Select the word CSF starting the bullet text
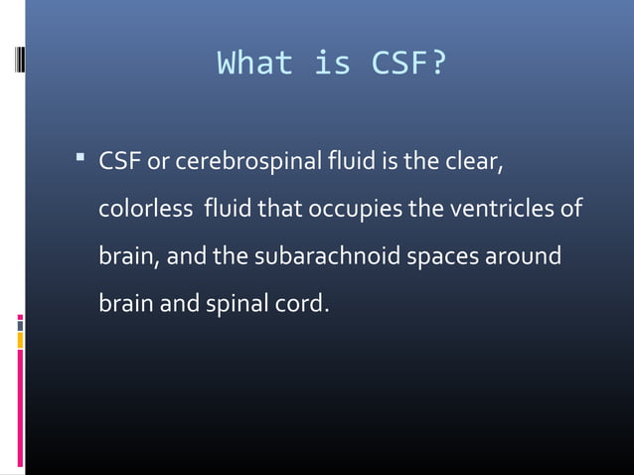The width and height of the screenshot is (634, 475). click(119, 162)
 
